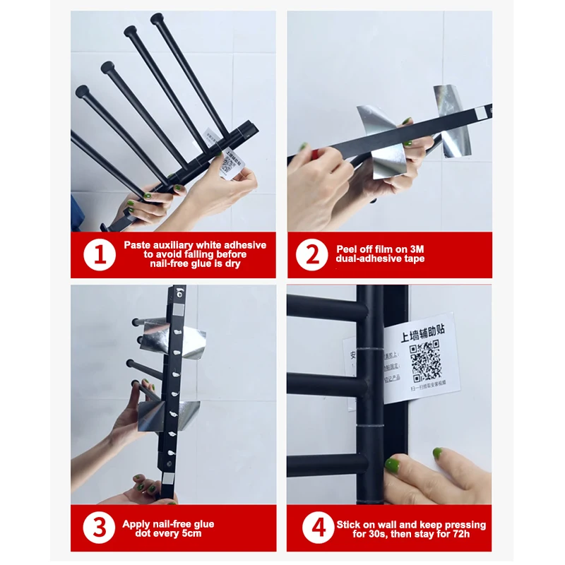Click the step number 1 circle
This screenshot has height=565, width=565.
tap(100, 255)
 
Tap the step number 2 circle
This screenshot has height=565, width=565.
tap(311, 255)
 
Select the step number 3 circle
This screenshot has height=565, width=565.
tap(100, 528)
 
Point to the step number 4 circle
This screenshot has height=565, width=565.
tap(311, 528)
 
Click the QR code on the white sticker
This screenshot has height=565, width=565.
tap(425, 359)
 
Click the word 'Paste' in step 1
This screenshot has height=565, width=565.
tap(138, 245)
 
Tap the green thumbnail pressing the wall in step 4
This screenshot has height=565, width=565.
tap(392, 465)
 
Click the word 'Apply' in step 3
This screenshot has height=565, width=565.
tap(137, 524)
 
